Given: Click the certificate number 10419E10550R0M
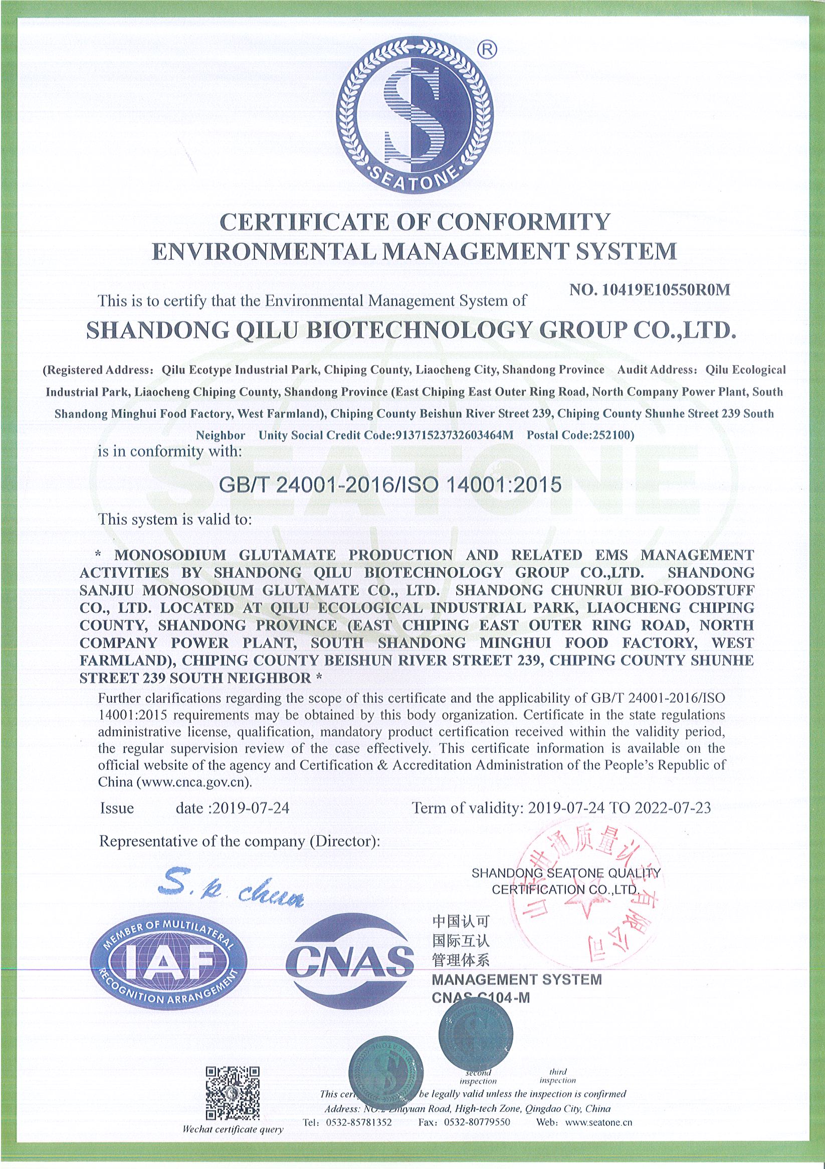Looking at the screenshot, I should [x=665, y=290].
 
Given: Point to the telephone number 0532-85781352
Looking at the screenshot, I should [x=362, y=1135].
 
